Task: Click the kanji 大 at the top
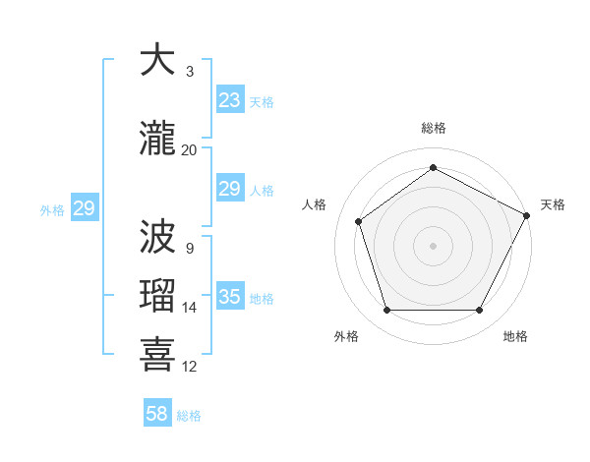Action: pyautogui.click(x=158, y=61)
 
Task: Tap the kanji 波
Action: pyautogui.click(x=158, y=239)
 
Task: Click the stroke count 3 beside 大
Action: pyautogui.click(x=190, y=72)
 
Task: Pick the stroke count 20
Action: pyautogui.click(x=190, y=149)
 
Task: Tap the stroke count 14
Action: pyautogui.click(x=190, y=308)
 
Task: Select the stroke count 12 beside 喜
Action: pyautogui.click(x=190, y=367)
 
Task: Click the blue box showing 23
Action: pyautogui.click(x=230, y=100)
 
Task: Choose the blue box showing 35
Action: pyautogui.click(x=230, y=297)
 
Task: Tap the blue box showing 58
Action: pyautogui.click(x=157, y=414)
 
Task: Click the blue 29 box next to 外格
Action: pyautogui.click(x=84, y=208)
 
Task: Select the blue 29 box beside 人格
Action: pyautogui.click(x=230, y=189)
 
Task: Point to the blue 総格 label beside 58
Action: pyautogui.click(x=189, y=416)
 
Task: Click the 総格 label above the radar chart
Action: pyautogui.click(x=433, y=128)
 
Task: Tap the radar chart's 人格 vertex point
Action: pyautogui.click(x=359, y=221)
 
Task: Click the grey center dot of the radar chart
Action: pyautogui.click(x=433, y=245)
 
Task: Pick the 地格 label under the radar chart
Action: pyautogui.click(x=515, y=336)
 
